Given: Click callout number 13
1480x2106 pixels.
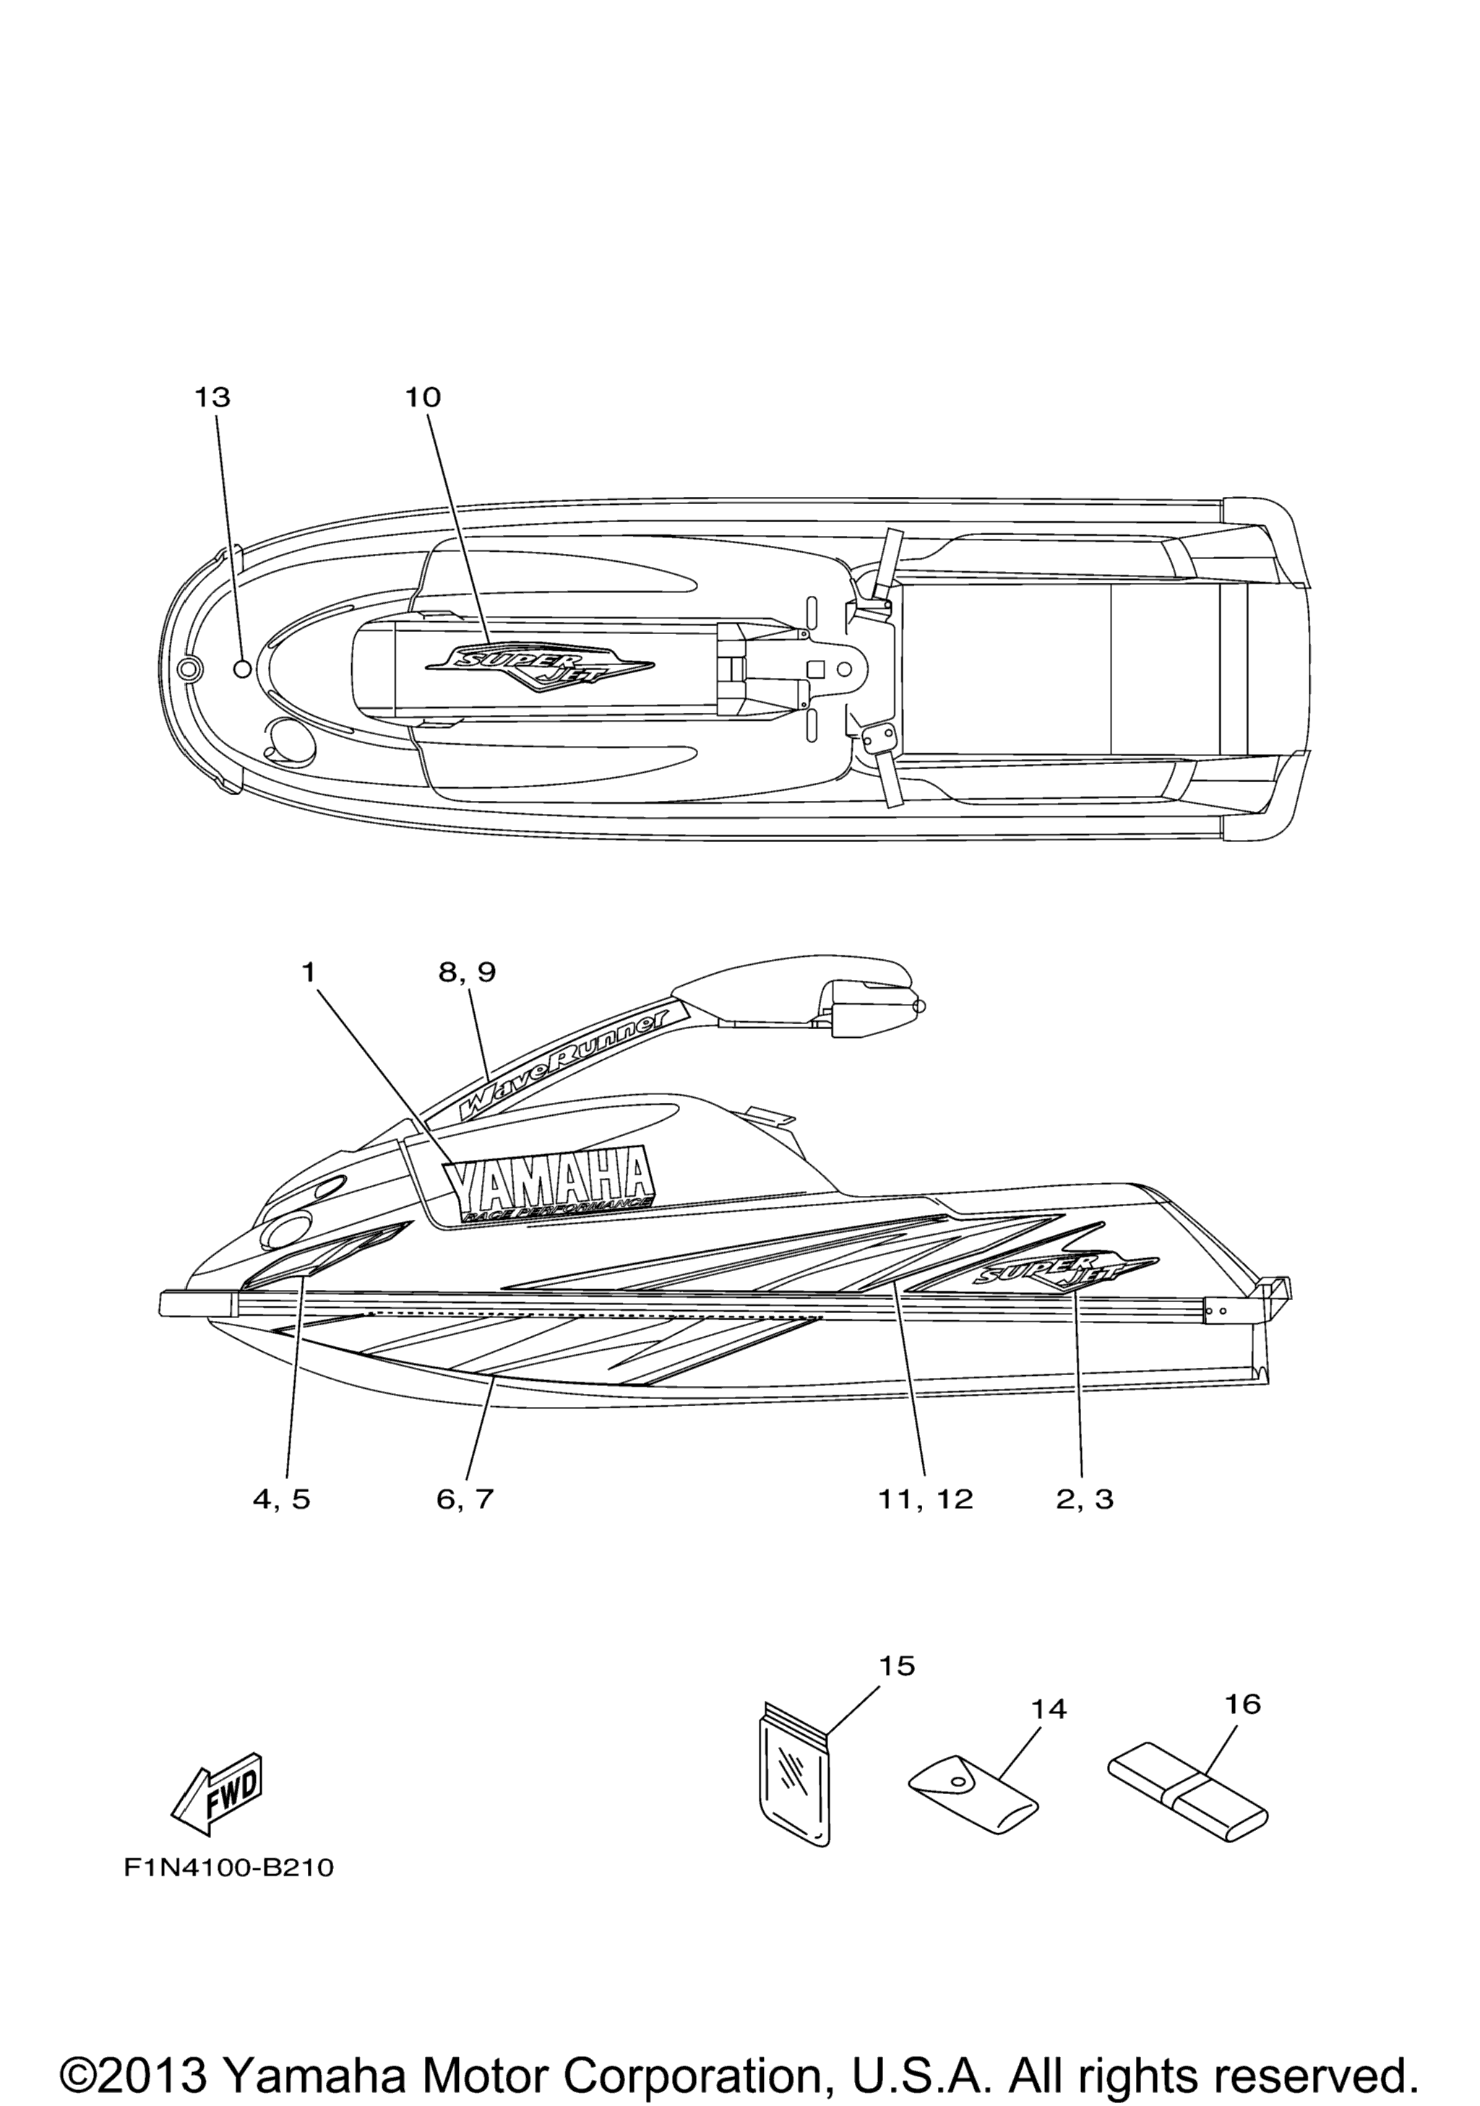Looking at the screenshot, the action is click(212, 397).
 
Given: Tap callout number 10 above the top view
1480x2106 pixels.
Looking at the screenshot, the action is click(423, 397).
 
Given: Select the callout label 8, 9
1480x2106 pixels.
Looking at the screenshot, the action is click(467, 972).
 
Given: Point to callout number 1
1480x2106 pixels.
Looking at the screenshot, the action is click(309, 971).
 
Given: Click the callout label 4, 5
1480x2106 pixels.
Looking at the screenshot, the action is click(282, 1500).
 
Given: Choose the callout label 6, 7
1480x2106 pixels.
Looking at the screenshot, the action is click(465, 1500).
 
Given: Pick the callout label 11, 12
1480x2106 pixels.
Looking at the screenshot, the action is click(925, 1500).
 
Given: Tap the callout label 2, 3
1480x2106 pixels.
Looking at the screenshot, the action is click(1085, 1500).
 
